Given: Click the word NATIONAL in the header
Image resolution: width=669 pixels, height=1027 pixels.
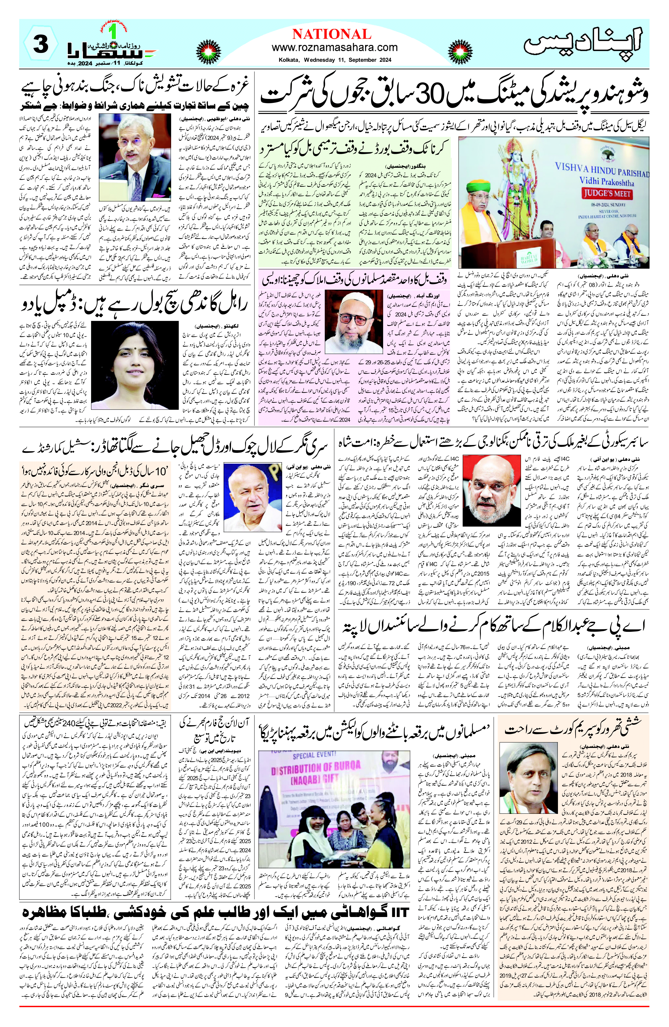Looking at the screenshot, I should point(331,34).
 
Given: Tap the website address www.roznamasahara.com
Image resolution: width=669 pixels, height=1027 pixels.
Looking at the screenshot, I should point(334,47).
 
